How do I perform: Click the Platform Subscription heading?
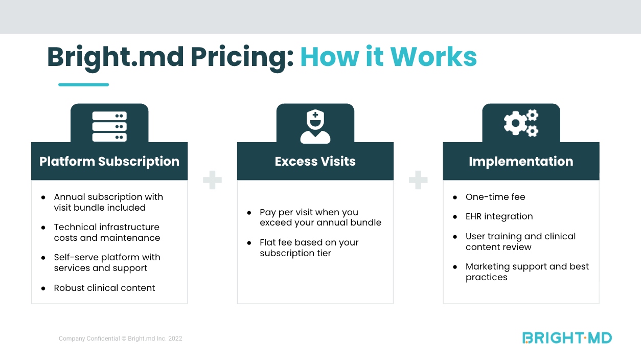tap(109, 162)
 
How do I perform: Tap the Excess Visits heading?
tap(315, 162)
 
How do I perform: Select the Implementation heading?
tap(521, 162)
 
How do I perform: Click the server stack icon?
tap(109, 126)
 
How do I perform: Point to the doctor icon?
tap(315, 127)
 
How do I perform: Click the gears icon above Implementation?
tap(521, 123)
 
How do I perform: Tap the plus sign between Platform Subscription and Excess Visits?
tap(212, 180)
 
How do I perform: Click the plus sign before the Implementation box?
tap(418, 180)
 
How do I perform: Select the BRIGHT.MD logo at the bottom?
tap(567, 337)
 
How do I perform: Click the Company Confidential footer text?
tap(120, 339)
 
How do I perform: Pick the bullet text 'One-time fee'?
tap(495, 197)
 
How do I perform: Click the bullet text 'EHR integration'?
tap(499, 216)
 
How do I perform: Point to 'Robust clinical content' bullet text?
tap(104, 288)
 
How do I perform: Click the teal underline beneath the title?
tap(83, 84)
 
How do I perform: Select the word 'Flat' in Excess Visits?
tap(269, 242)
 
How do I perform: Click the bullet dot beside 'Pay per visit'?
tap(249, 213)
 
